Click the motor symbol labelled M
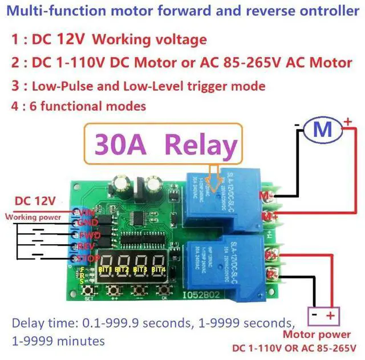click(x=323, y=131)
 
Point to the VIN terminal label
click(x=85, y=212)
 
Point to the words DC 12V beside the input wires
click(x=35, y=201)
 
